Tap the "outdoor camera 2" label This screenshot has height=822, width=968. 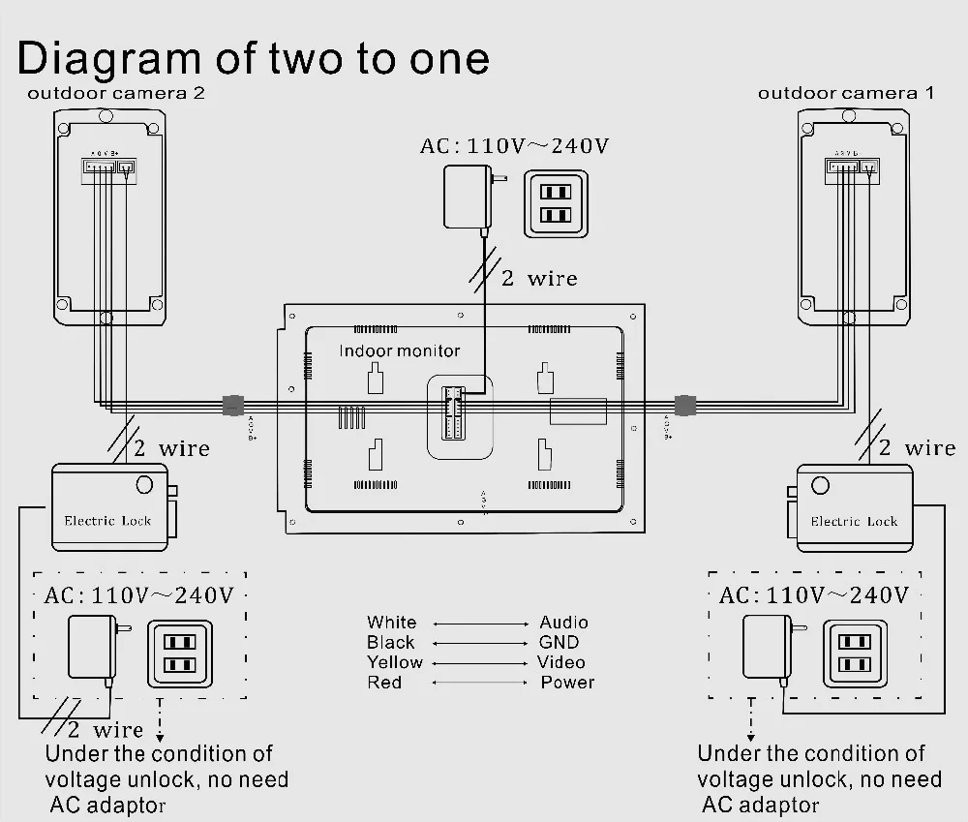coord(116,94)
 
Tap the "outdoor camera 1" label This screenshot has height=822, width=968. coord(846,94)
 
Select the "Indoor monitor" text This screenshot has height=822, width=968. coord(400,350)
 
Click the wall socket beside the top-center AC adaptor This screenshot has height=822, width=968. coord(556,204)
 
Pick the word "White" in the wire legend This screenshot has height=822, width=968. coord(391,623)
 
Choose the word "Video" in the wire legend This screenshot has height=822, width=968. coord(561,662)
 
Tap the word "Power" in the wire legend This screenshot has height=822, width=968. coord(567,683)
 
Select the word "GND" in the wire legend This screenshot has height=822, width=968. coord(559,642)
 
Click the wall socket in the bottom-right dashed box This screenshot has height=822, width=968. coord(855,653)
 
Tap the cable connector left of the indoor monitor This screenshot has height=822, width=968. coord(233,405)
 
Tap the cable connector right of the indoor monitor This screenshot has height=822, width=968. coord(685,404)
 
